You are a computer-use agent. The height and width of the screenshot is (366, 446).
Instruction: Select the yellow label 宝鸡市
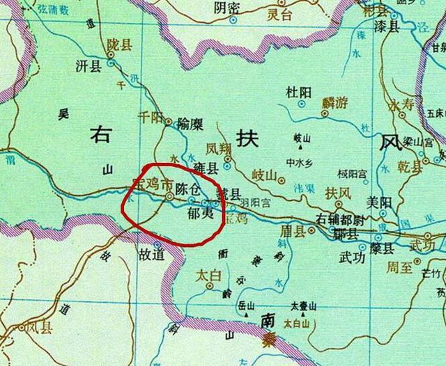click(151, 186)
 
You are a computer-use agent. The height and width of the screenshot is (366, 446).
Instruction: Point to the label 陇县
click(119, 43)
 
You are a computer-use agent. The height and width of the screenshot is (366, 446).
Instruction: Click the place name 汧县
click(87, 66)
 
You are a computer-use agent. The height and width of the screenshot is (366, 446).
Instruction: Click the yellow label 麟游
click(333, 102)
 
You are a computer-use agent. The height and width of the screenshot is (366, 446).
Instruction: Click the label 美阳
click(380, 202)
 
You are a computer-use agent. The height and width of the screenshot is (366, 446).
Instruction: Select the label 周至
click(400, 265)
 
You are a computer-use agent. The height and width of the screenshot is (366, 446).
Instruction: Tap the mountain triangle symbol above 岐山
click(302, 147)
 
